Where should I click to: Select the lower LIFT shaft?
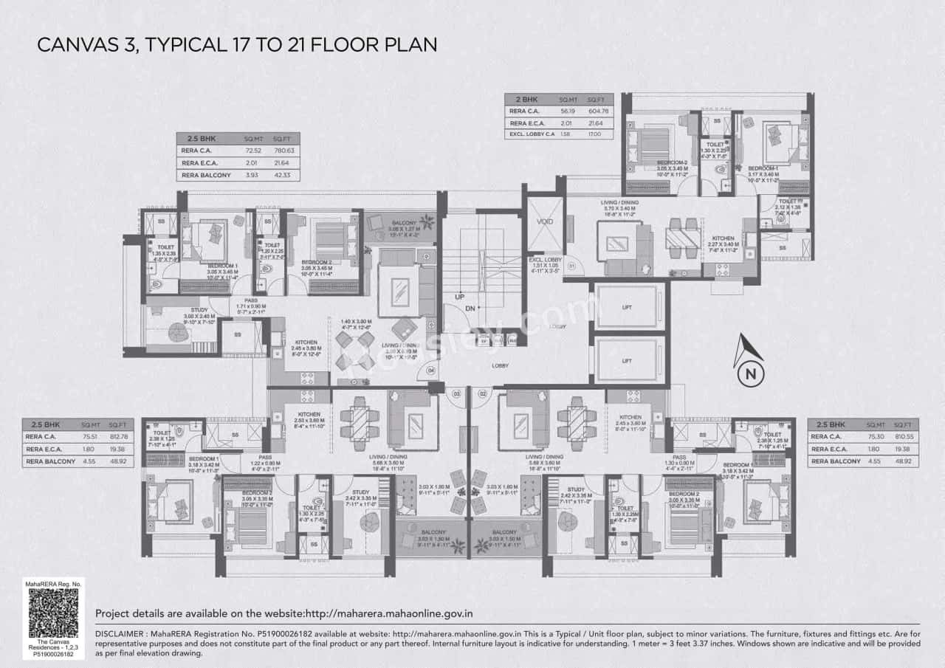pos(627,360)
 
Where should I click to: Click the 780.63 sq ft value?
pos(284,151)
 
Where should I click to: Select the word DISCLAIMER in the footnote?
pos(122,633)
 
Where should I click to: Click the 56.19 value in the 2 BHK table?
pos(567,111)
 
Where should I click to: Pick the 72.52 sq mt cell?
pos(254,151)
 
